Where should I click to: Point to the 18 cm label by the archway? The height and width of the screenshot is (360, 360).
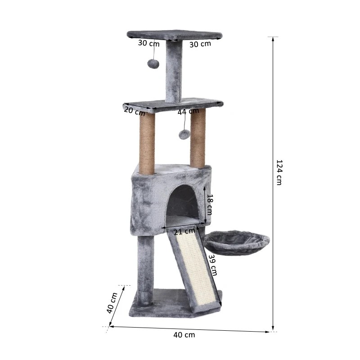[209, 205]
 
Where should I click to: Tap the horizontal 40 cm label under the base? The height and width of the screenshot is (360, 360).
[184, 334]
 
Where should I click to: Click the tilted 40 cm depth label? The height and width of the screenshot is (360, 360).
[112, 303]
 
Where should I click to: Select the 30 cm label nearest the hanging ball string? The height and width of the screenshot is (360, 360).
[148, 44]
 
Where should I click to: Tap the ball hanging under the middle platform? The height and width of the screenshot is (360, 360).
[184, 134]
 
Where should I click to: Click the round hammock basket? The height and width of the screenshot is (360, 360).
[237, 243]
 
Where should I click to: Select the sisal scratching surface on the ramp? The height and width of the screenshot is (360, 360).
[198, 270]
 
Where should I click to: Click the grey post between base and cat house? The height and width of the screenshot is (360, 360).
[145, 265]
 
